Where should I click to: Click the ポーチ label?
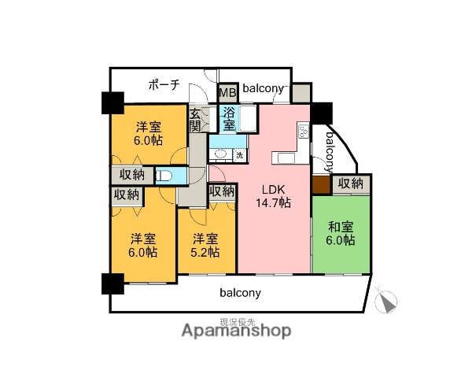[164, 84]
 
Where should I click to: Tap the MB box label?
[227, 91]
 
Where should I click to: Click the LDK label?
[273, 189]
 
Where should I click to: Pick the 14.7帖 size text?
[273, 203]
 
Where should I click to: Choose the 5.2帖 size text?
[205, 252]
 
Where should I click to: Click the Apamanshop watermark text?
[236, 332]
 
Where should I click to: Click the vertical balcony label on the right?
[330, 151]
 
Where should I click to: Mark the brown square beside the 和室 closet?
[320, 184]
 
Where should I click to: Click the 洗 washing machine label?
[240, 154]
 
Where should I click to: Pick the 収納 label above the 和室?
[351, 183]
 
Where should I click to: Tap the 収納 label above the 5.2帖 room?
[223, 191]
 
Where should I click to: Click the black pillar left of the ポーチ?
[111, 102]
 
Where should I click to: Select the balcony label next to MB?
[263, 89]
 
